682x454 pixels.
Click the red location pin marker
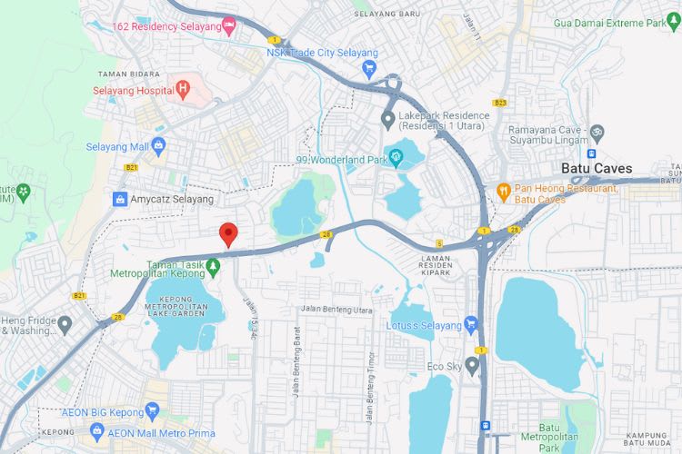click(x=229, y=234)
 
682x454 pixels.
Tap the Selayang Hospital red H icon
click(x=183, y=90)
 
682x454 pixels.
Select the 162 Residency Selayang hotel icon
click(x=228, y=26)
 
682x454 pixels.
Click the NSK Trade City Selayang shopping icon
click(x=368, y=68)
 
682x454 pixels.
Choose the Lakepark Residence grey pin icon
click(x=388, y=118)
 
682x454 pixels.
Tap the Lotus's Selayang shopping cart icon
click(x=470, y=323)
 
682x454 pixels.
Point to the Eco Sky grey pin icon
click(x=471, y=365)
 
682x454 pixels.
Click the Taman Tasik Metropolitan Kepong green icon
click(x=213, y=267)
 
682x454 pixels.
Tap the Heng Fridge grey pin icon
click(x=64, y=323)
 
